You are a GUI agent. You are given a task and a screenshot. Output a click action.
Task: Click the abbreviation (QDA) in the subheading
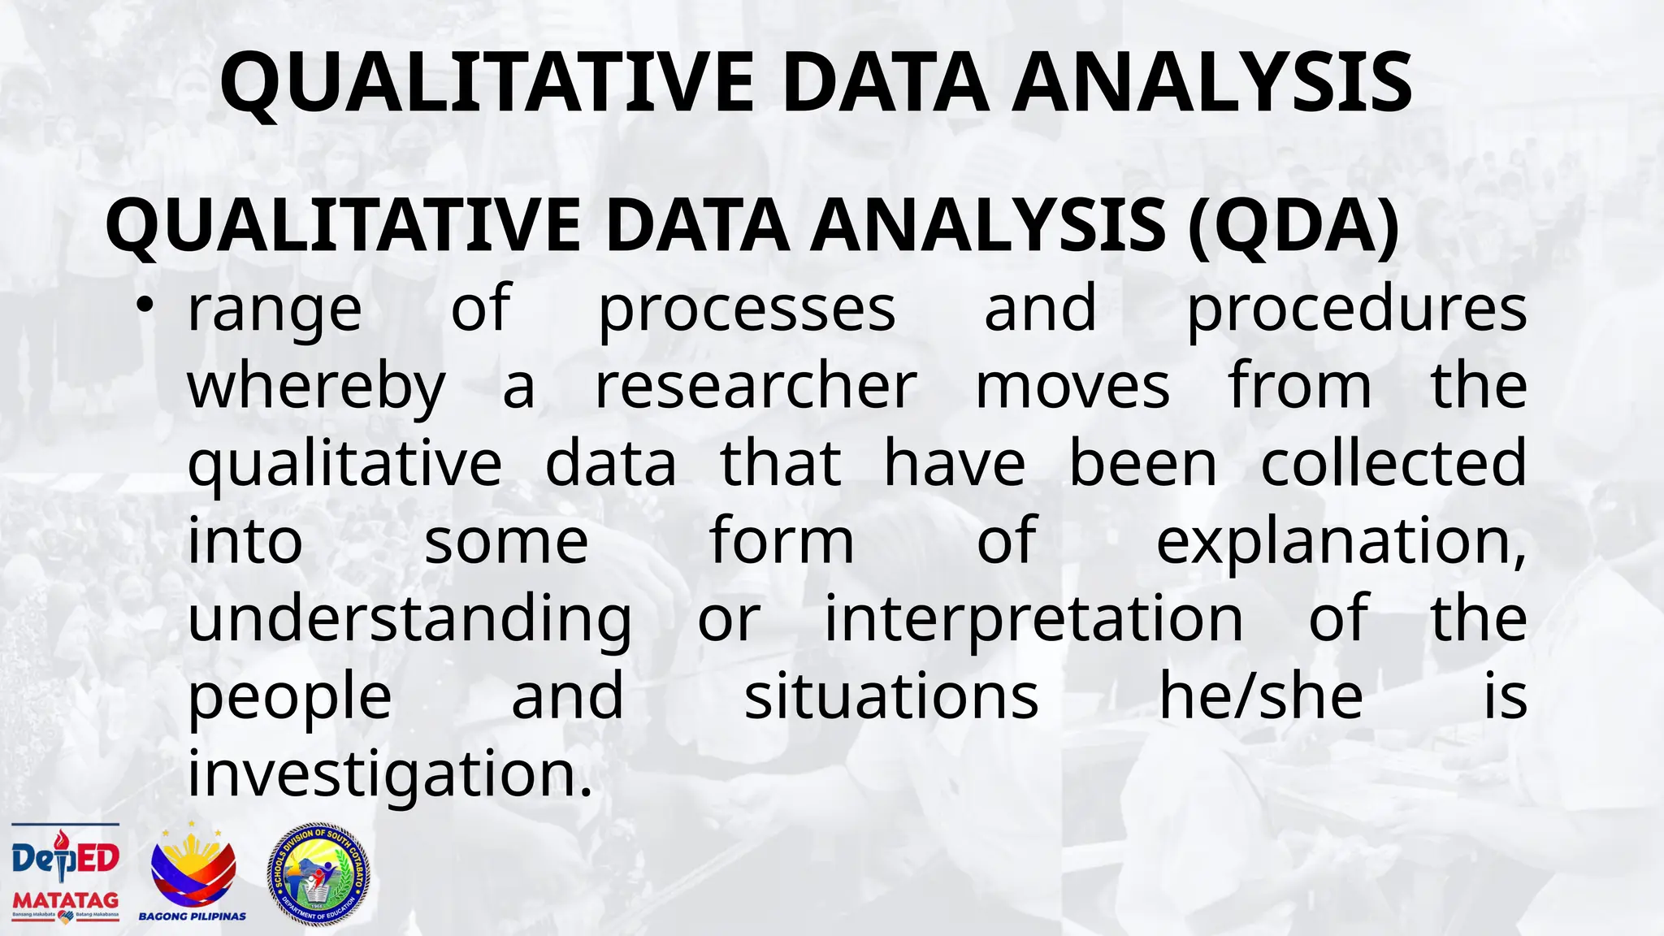(1293, 227)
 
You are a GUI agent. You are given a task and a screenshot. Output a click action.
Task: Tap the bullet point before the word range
(145, 307)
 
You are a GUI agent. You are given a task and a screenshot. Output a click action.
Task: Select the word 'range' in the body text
(275, 310)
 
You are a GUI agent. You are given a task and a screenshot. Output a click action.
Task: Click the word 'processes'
(747, 310)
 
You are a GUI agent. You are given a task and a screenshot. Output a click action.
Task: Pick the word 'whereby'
(317, 387)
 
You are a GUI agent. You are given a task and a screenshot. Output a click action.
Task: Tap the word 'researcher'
(756, 387)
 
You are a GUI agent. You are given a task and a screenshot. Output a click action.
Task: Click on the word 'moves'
(1072, 387)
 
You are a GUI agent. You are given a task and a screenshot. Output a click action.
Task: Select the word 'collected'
(1393, 464)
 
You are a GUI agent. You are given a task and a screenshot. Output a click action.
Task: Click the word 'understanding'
(409, 619)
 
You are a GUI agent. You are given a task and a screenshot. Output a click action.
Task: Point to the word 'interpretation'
(1033, 619)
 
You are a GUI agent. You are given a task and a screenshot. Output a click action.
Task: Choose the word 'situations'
(891, 696)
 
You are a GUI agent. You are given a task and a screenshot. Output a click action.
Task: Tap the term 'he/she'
(1260, 696)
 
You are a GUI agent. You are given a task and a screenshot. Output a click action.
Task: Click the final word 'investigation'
(384, 774)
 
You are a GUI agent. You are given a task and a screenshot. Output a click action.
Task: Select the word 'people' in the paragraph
(290, 698)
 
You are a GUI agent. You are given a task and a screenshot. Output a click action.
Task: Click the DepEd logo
(66, 858)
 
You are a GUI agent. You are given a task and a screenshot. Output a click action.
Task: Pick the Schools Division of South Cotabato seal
(318, 874)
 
